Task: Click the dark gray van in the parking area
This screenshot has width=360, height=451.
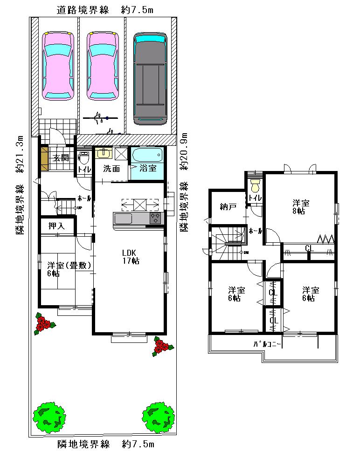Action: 150,79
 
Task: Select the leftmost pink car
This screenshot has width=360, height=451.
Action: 58,65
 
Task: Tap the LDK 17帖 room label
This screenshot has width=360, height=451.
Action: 129,257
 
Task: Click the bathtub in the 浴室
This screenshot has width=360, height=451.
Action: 146,154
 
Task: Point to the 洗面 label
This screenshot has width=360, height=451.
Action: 111,169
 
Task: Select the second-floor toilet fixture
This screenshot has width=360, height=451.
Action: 255,185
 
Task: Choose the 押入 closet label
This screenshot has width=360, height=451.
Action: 57,226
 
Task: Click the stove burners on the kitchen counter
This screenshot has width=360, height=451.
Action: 155,218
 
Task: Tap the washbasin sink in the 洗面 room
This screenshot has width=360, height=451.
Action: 103,154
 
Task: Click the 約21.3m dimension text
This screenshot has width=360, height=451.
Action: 19,155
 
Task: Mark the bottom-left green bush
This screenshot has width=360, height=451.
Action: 49,417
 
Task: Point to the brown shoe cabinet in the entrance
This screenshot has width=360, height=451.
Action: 44,158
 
